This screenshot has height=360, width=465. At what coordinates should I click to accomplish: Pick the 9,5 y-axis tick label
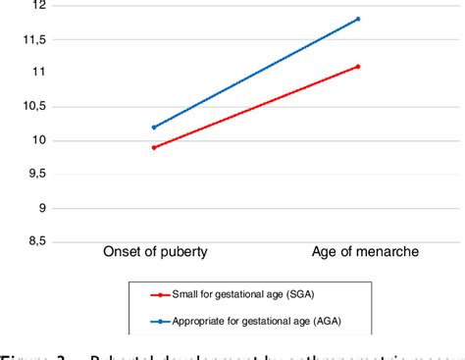coord(34,174)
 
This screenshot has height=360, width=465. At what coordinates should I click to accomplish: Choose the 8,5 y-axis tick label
coord(34,241)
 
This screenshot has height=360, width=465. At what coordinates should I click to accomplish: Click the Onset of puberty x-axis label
coord(154,253)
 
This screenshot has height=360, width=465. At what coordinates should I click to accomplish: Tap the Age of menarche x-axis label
coord(357,253)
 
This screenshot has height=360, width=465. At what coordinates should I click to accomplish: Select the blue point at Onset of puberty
coord(154,128)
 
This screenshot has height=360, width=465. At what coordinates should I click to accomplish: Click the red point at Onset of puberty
coord(154,147)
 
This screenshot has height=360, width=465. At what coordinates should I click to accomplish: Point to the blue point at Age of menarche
coord(358,19)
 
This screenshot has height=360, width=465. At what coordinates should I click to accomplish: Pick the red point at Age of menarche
coord(358,67)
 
